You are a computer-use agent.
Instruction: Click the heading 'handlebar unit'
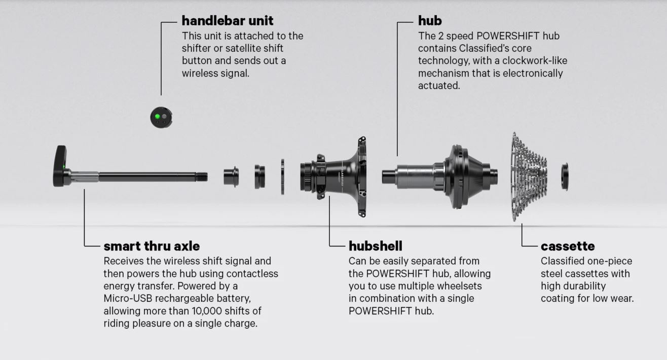coord(227,21)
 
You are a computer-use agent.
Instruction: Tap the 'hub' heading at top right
coord(430,21)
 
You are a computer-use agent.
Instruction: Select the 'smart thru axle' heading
coord(152,246)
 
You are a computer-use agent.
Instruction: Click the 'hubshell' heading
coord(375,246)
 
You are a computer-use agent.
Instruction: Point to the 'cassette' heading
coord(568,246)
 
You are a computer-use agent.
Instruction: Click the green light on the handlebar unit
coord(157,117)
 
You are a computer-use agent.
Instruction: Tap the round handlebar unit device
coord(161,117)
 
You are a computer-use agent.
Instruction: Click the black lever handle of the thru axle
coord(60,165)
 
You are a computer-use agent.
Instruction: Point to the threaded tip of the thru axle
coord(202,177)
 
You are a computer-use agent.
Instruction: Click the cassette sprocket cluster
coord(529,176)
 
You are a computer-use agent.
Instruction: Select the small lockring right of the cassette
coord(565,176)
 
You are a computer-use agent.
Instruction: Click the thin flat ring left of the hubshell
coord(282,177)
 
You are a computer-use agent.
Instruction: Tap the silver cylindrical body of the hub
coord(414,177)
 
